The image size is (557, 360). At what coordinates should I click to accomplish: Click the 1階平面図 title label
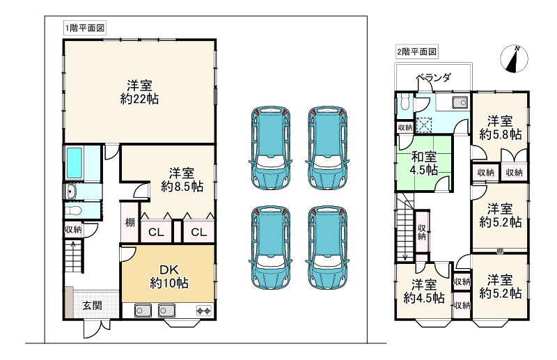pyautogui.click(x=85, y=28)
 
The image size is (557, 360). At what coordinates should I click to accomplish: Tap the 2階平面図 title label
pyautogui.click(x=416, y=52)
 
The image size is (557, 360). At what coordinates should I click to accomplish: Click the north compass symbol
pyautogui.click(x=514, y=59)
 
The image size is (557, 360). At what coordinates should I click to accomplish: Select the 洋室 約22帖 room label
pyautogui.click(x=139, y=92)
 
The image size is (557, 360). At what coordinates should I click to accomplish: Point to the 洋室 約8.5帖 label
pyautogui.click(x=182, y=180)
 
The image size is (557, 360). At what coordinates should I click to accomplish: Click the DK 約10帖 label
pyautogui.click(x=169, y=276)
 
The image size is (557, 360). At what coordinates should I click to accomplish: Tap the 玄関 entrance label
pyautogui.click(x=93, y=305)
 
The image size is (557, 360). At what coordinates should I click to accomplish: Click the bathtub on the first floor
pyautogui.click(x=74, y=163)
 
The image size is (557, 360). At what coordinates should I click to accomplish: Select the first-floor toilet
pyautogui.click(x=73, y=211)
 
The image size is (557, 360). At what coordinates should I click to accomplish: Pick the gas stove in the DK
pyautogui.click(x=204, y=311)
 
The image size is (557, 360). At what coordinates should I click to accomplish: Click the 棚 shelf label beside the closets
pyautogui.click(x=130, y=222)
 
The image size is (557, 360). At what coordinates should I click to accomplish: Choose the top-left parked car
pyautogui.click(x=271, y=147)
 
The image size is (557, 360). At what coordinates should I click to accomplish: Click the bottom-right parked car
pyautogui.click(x=327, y=247)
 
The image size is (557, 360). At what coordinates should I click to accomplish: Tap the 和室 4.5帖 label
pyautogui.click(x=424, y=164)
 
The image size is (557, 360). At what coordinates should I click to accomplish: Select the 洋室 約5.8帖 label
pyautogui.click(x=500, y=128)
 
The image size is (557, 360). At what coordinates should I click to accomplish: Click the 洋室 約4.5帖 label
pyautogui.click(x=424, y=291)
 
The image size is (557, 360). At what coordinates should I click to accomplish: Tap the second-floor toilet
pyautogui.click(x=405, y=102)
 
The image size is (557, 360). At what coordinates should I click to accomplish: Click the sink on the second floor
pyautogui.click(x=460, y=102)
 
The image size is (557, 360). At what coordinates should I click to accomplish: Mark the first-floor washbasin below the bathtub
pyautogui.click(x=71, y=192)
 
